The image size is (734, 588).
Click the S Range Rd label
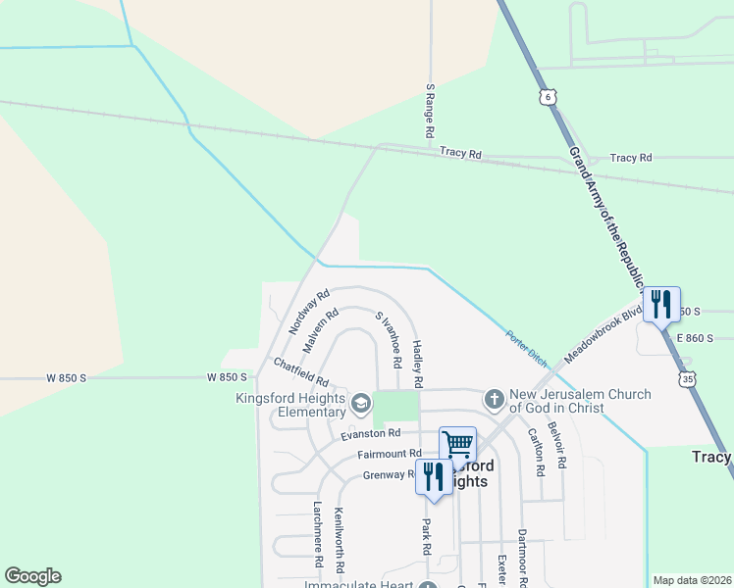pyautogui.click(x=429, y=110)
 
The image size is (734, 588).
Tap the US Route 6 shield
pyautogui.click(x=548, y=97)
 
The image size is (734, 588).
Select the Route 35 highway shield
pyautogui.click(x=691, y=377)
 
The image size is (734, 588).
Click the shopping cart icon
pyautogui.click(x=457, y=444)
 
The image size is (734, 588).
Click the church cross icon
pyautogui.click(x=494, y=399)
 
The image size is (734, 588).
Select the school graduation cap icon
pyautogui.click(x=360, y=403)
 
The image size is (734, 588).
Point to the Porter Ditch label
pyautogui.click(x=526, y=347)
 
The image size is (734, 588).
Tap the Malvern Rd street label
pyautogui.click(x=321, y=331)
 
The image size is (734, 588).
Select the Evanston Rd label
pyautogui.click(x=371, y=433)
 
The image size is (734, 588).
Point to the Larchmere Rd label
pyautogui.click(x=317, y=536)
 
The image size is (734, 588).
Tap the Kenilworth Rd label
pyautogui.click(x=339, y=541)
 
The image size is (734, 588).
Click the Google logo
pyautogui.click(x=32, y=576)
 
